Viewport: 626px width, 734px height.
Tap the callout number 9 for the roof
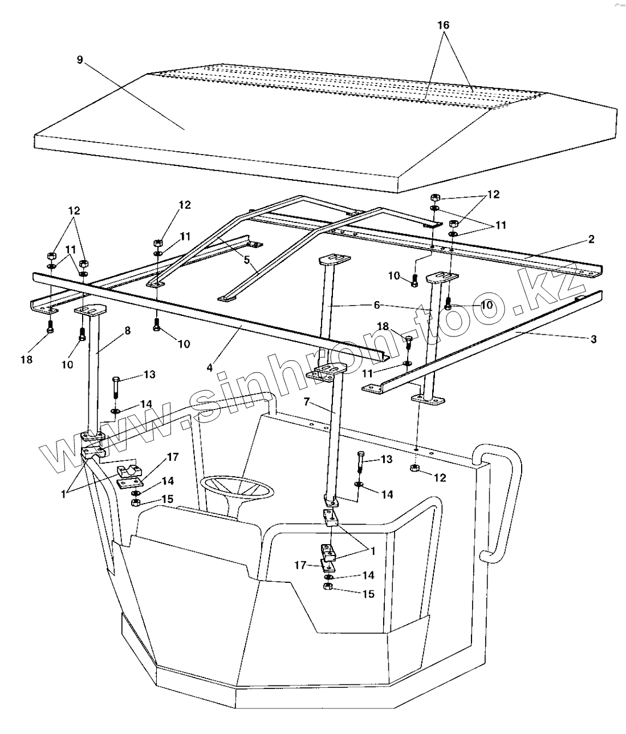[80, 60]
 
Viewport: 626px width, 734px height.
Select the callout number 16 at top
[444, 25]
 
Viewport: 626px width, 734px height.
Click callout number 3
[594, 339]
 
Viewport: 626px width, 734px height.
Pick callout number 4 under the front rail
[210, 368]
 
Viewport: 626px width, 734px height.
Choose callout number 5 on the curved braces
[246, 259]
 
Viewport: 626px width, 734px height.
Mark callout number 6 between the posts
[376, 305]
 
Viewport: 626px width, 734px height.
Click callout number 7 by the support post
[306, 403]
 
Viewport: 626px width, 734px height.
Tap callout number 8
[128, 331]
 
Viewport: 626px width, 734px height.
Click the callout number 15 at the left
[167, 499]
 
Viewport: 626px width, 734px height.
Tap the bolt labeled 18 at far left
[50, 328]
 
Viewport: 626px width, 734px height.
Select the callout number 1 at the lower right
[373, 551]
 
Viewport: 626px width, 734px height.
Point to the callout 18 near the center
[383, 326]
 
